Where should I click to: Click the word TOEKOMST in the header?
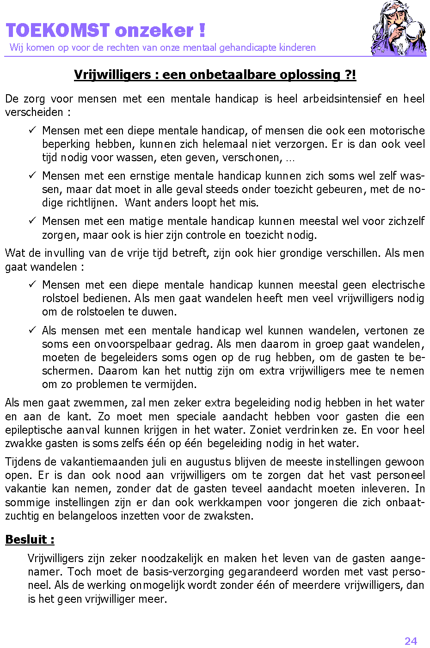pyautogui.click(x=57, y=31)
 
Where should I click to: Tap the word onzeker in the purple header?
pyautogui.click(x=154, y=31)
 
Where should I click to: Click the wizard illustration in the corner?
pyautogui.click(x=399, y=29)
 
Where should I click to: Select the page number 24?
pyautogui.click(x=411, y=641)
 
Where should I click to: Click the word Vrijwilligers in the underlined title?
pyautogui.click(x=112, y=75)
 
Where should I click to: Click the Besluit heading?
pyautogui.click(x=30, y=539)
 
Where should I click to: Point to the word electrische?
pyautogui.click(x=398, y=285)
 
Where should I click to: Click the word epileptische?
pyautogui.click(x=33, y=430)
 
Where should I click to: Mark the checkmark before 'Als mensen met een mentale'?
pyautogui.click(x=32, y=330)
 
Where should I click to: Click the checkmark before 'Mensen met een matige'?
pyautogui.click(x=32, y=221)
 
